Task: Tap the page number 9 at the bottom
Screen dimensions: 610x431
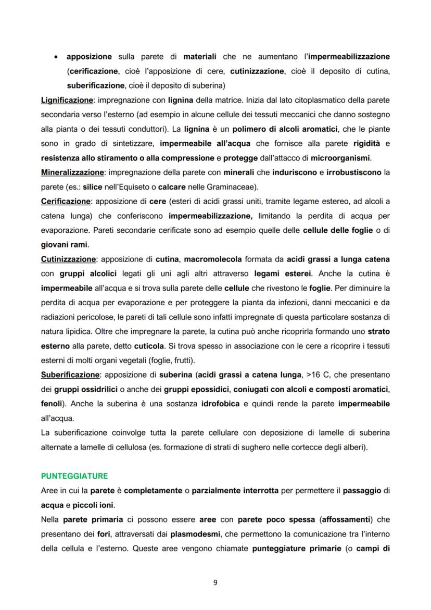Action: [215, 582]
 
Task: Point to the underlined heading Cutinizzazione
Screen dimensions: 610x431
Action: [68, 259]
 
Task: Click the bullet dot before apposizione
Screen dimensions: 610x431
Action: [56, 56]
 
